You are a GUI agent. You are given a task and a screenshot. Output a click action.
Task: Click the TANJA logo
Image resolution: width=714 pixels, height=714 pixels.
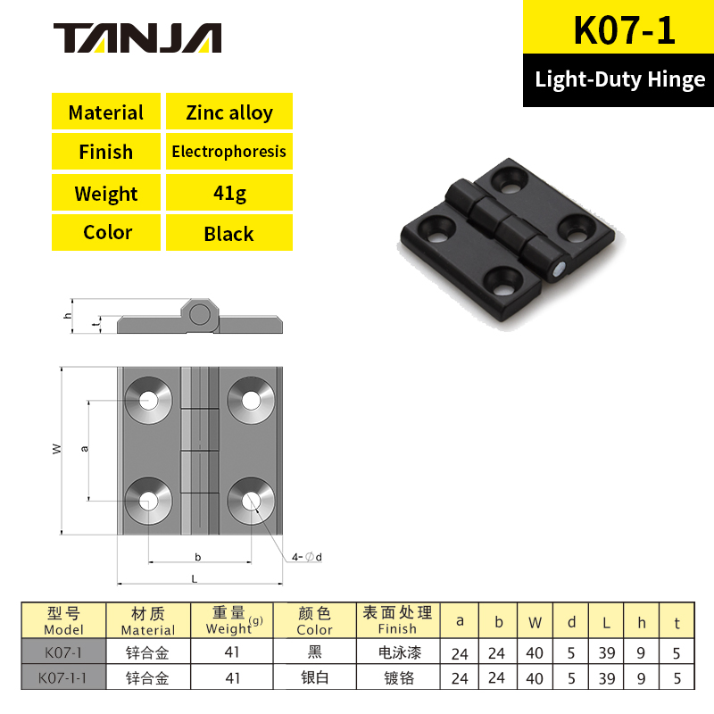point(137,37)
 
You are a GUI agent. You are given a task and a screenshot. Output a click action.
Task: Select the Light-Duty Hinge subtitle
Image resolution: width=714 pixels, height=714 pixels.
point(620,79)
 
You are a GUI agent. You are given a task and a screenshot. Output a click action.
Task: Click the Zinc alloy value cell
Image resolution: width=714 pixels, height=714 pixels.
point(229,112)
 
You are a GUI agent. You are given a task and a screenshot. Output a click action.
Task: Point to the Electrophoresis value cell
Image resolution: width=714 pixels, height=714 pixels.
point(229,152)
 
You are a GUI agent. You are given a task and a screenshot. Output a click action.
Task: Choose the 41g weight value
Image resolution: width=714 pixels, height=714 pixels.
point(229,193)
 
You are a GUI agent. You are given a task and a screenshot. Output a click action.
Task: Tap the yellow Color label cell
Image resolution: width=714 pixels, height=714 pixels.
point(107,233)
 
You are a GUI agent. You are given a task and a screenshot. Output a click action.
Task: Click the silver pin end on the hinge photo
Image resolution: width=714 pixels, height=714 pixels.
point(558,268)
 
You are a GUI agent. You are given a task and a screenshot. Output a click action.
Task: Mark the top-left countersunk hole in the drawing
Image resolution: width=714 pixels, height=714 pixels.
point(147,399)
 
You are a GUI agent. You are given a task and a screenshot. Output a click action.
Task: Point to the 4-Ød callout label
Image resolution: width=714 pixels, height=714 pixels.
point(306,558)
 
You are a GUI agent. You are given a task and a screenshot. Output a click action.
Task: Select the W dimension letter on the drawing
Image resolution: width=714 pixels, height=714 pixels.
point(56,450)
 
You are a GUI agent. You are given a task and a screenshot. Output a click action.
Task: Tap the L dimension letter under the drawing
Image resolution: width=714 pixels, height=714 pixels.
point(194,579)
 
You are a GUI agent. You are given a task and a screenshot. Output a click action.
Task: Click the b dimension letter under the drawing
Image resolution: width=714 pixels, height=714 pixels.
point(197,557)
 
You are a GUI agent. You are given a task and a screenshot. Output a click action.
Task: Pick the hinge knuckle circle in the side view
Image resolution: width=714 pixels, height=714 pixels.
point(200,313)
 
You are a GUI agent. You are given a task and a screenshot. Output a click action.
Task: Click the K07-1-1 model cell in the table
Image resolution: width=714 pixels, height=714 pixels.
point(62,678)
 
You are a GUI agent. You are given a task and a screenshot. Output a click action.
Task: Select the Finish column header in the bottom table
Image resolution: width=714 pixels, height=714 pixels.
point(397,620)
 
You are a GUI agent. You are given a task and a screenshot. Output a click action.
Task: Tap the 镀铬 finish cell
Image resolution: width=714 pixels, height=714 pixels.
point(397,678)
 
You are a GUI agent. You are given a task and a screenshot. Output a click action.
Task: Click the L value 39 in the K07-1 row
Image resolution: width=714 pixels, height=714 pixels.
point(607,653)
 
